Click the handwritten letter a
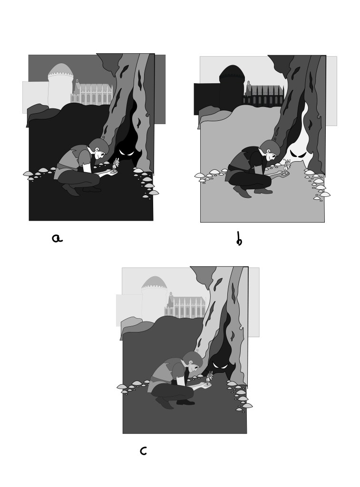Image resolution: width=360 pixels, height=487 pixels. coord(57,238)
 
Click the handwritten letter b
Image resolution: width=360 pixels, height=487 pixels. coord(239,239)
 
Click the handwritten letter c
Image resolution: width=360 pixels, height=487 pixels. coord(143,451)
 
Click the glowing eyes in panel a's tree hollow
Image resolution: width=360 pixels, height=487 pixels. coord(126,152)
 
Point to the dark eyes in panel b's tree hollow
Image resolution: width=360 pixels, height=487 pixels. coord(298,154)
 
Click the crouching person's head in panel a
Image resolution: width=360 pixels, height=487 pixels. coord(99,148)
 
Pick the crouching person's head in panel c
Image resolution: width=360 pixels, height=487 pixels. coord(193,361)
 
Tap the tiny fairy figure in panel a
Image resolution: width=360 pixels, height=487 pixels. coord(116,165)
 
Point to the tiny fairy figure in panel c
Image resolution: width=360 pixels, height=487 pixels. coord(210,378)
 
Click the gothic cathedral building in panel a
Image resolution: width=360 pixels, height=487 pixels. coord(91,92)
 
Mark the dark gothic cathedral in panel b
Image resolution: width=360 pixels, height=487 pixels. coord(263,94)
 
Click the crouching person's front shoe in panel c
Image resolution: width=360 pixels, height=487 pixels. coord(185,402)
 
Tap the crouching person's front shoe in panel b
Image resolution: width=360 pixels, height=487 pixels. coord(263,191)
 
